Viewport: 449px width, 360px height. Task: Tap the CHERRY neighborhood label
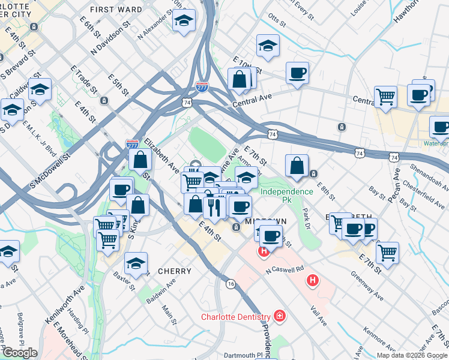click(174, 271)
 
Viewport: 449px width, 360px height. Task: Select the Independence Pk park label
click(286, 196)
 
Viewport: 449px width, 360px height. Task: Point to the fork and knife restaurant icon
click(214, 206)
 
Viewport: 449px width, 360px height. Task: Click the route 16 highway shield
click(231, 283)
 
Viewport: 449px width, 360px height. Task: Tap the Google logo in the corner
click(20, 353)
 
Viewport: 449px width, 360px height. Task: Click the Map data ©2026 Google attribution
click(411, 355)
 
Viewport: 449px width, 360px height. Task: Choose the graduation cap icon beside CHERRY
click(136, 263)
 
